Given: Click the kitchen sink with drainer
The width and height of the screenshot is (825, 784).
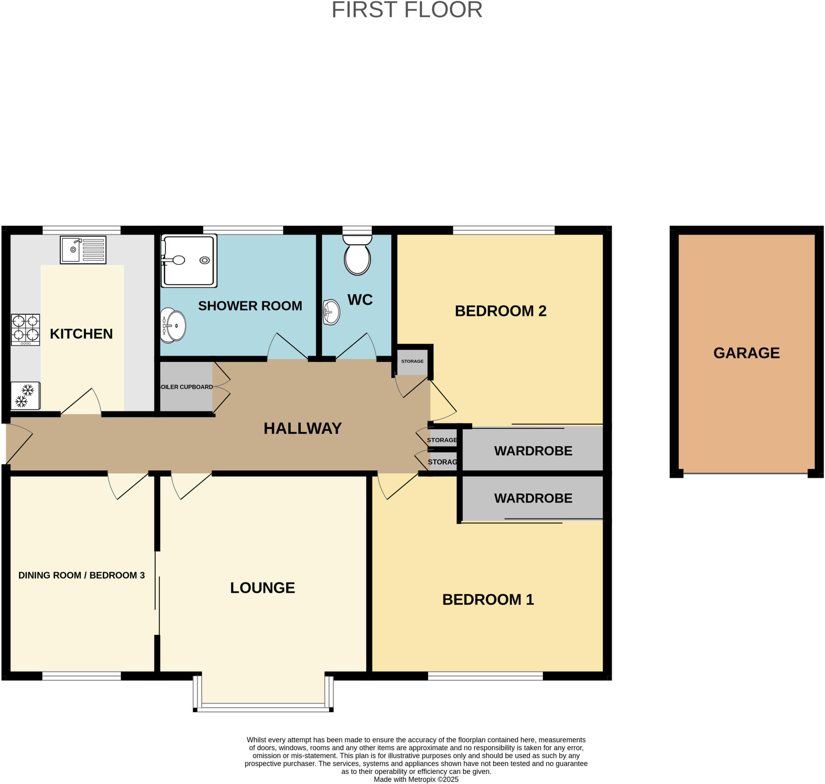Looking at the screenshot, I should (83, 250).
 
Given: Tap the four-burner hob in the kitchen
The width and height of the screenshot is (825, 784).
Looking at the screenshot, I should (25, 329).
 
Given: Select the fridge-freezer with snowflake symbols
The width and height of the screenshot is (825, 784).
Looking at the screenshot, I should (25, 395).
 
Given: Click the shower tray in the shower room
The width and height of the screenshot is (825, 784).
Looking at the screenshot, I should (189, 260).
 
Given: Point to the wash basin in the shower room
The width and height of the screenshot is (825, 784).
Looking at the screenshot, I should (173, 326).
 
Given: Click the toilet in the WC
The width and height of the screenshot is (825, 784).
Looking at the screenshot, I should (357, 254).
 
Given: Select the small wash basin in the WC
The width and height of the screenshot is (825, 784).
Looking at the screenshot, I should (331, 312).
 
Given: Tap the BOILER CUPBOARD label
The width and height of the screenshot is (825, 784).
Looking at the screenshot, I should (186, 387).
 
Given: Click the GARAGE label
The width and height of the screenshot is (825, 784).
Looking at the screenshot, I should (746, 353).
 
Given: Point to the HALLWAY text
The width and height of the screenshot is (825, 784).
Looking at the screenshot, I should (303, 428).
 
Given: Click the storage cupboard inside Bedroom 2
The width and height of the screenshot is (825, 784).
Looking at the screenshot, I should (412, 361).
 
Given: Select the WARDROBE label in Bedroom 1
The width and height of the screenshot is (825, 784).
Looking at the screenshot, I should (533, 498).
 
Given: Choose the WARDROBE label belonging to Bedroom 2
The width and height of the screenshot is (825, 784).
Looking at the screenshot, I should (533, 451).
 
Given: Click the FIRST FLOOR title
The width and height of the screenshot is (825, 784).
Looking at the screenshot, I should (406, 10).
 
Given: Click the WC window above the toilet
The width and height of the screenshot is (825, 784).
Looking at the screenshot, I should (357, 230).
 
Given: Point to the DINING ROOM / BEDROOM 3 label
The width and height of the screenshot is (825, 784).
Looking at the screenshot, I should (81, 575).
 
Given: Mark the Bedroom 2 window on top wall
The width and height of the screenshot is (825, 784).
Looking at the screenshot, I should (504, 230).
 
